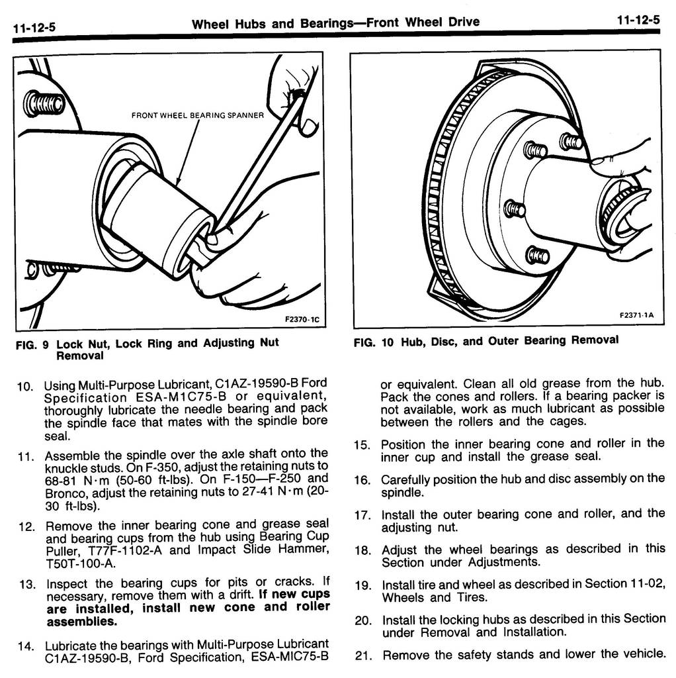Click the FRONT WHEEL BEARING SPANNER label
click(x=197, y=115)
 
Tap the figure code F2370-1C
click(x=302, y=320)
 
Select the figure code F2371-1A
click(x=636, y=315)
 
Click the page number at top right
click(x=638, y=20)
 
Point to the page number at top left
click(x=34, y=28)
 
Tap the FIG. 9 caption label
click(x=32, y=345)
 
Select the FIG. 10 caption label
click(x=374, y=342)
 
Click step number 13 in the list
click(x=27, y=585)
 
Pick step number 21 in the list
click(x=363, y=656)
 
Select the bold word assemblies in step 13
click(x=82, y=622)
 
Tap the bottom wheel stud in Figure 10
click(x=537, y=256)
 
